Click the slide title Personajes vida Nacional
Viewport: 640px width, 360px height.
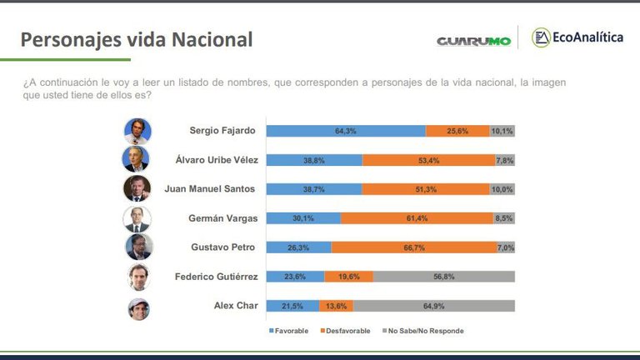tap(136, 39)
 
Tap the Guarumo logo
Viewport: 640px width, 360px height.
tap(473, 40)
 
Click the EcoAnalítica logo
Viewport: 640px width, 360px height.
tap(578, 37)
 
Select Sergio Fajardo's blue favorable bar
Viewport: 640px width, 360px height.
tap(345, 131)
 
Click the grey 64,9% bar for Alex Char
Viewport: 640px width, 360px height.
tap(434, 306)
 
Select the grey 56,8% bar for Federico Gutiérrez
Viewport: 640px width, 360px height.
tap(443, 277)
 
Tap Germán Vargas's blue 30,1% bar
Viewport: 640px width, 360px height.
tap(303, 218)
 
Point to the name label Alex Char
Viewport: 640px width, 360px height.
tap(236, 306)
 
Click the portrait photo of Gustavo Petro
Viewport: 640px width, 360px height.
tap(138, 247)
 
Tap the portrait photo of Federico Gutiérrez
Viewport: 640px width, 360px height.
tap(138, 277)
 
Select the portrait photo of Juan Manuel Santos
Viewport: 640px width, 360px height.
tap(137, 188)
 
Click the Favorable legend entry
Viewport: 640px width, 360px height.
tap(288, 331)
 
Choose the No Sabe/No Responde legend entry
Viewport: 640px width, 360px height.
tap(422, 331)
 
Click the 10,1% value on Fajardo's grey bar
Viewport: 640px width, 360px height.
tap(502, 131)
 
